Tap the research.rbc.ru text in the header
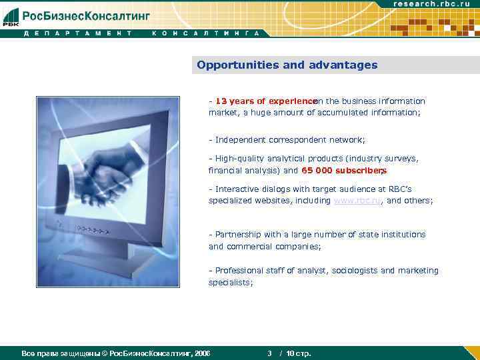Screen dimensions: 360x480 [x=435, y=4]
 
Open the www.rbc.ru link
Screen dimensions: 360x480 [x=356, y=201]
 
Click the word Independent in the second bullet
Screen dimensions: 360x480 [x=240, y=140]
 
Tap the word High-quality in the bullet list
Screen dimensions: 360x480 [x=240, y=159]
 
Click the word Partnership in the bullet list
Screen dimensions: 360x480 [x=239, y=235]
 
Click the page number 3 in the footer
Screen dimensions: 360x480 [x=269, y=353]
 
